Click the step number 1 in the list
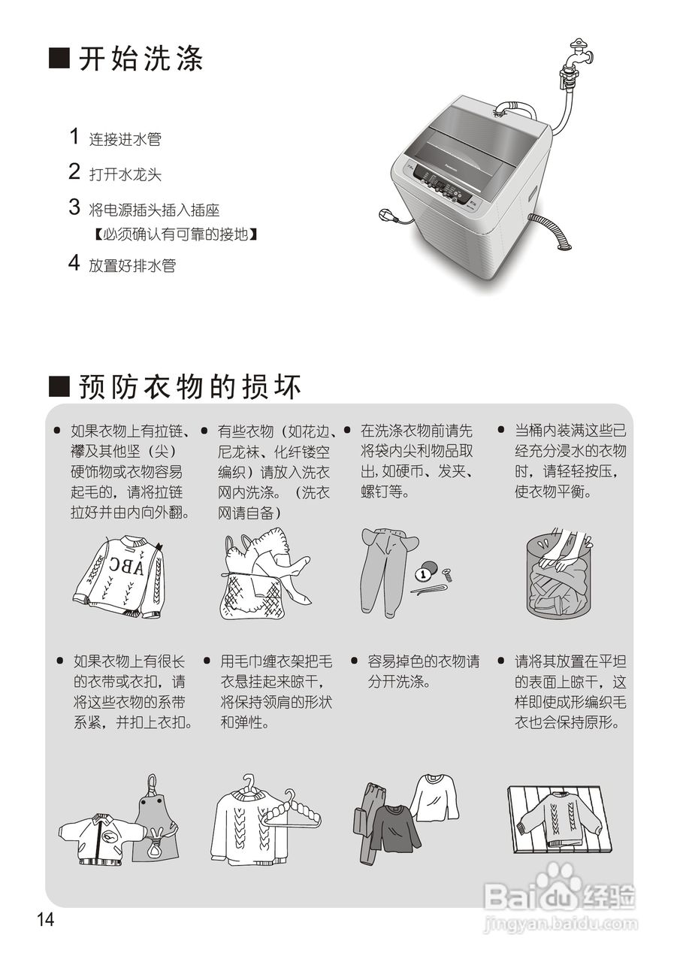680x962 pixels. tap(74, 137)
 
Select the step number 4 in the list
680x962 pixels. tap(74, 263)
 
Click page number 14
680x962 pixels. tap(46, 919)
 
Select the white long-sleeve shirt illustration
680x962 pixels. tap(434, 796)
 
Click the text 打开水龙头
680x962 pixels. tap(125, 175)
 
